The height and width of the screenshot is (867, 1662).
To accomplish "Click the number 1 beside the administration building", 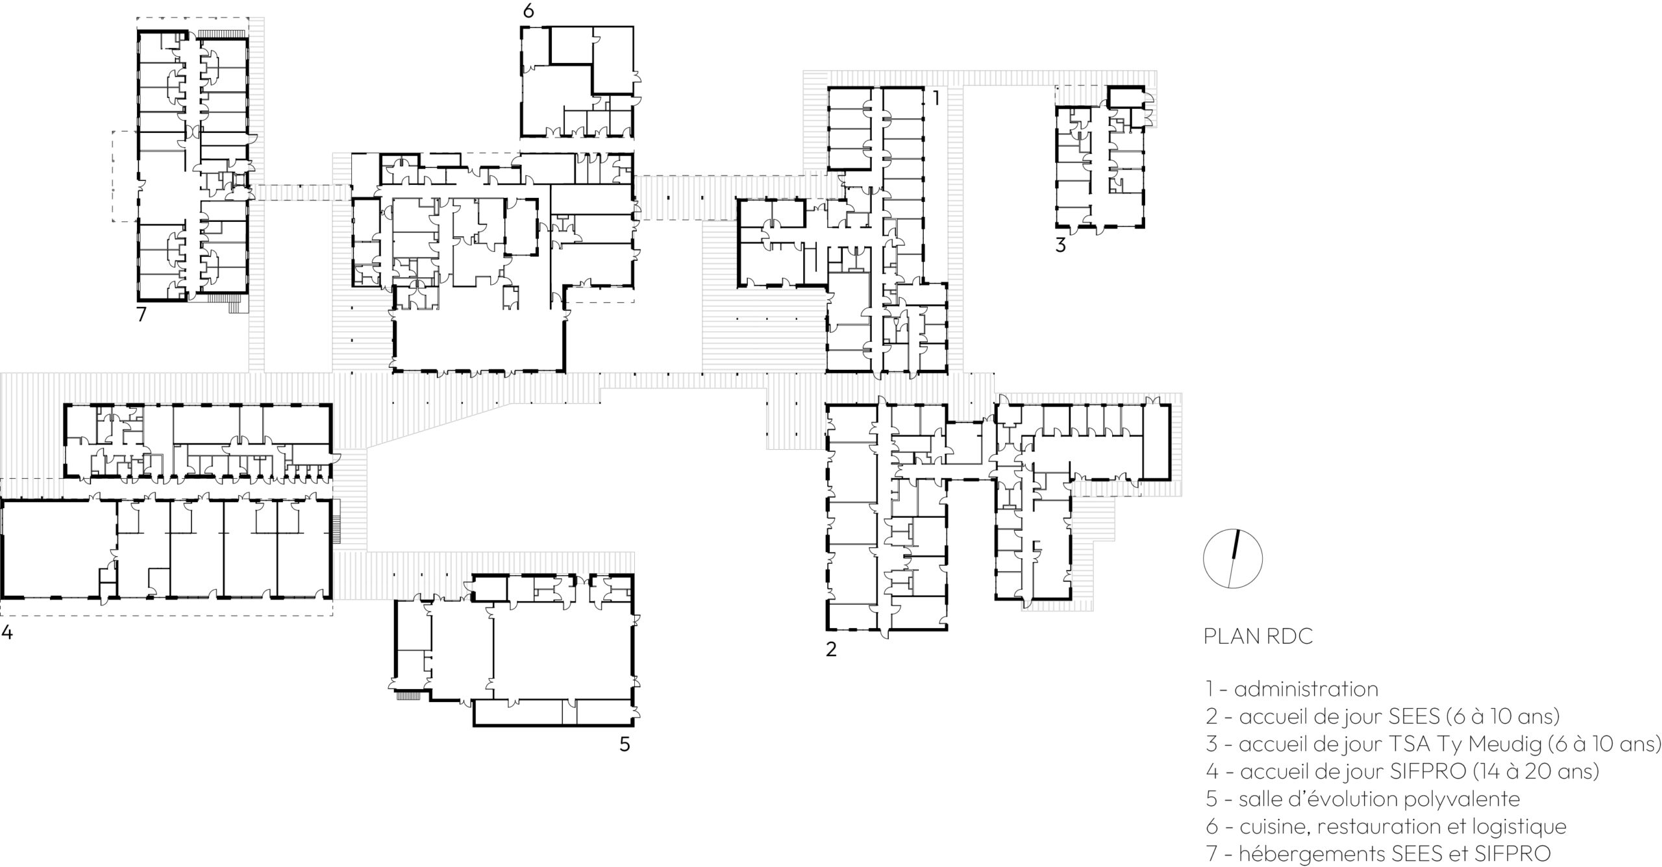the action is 936,98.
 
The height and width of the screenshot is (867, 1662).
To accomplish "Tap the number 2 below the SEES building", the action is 831,649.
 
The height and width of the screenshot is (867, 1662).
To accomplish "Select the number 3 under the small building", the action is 1060,246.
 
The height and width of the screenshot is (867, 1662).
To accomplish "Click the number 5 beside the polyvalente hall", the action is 625,744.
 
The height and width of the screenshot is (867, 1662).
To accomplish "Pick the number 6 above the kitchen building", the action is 528,11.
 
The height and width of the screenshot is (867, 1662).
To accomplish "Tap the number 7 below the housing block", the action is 142,314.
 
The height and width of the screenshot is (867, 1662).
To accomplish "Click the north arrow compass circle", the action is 1233,558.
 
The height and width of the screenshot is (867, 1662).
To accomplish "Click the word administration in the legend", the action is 1306,689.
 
